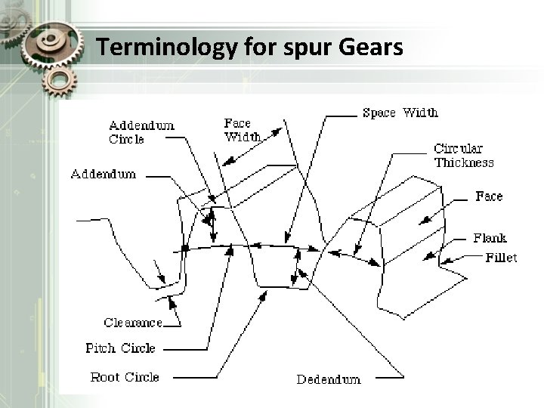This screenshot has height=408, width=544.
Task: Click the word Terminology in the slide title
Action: pos(156,48)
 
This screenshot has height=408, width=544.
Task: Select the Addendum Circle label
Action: pos(141,131)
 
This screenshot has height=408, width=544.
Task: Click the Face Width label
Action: pos(243,129)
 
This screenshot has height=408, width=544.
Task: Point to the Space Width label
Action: pos(400,113)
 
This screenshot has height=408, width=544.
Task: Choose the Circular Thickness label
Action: pos(463,156)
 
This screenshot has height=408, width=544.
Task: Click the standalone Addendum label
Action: pos(103,174)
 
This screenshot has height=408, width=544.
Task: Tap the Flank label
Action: pos(490,238)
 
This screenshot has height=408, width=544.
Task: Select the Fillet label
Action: pos(501,258)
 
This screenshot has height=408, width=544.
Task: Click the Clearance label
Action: pos(133,323)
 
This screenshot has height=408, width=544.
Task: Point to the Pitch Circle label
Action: pos(120,348)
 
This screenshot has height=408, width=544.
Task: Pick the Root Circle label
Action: pos(124,376)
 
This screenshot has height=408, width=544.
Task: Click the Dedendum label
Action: pos(328,379)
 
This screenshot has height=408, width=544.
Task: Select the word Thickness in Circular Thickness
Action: pos(463,162)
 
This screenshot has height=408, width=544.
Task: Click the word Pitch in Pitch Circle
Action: pos(100,348)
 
